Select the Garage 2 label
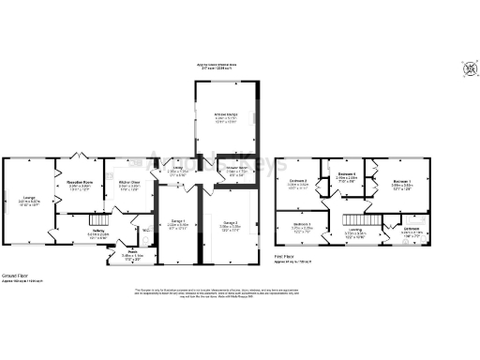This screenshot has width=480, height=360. [x=230, y=223]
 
